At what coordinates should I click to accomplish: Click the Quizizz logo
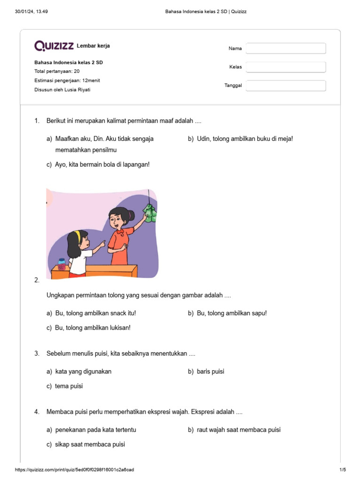click(x=54, y=46)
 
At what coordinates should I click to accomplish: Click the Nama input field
click(x=286, y=48)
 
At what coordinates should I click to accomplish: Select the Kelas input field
click(x=286, y=67)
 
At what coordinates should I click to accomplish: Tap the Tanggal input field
click(x=286, y=85)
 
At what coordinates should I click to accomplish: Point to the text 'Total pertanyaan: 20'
click(x=57, y=71)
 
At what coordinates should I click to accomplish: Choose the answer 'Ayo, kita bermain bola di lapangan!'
click(x=102, y=164)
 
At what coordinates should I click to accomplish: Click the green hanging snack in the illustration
click(x=149, y=213)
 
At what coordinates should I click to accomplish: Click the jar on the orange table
click(x=61, y=264)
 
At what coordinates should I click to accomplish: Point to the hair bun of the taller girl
click(x=130, y=214)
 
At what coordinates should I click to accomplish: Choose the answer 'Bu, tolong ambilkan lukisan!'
click(x=93, y=328)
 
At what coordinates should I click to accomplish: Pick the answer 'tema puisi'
click(x=69, y=386)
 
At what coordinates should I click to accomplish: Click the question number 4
click(x=37, y=412)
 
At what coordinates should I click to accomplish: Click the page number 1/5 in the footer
click(x=343, y=470)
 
